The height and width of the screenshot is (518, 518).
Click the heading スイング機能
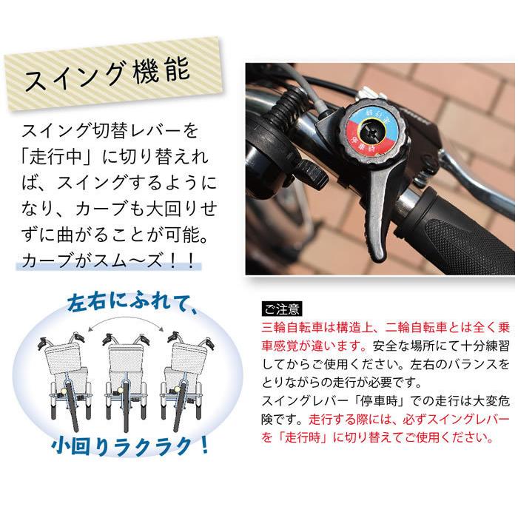[108, 76]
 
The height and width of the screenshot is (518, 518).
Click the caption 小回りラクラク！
[130, 446]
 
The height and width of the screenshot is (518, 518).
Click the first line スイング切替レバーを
[110, 132]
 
